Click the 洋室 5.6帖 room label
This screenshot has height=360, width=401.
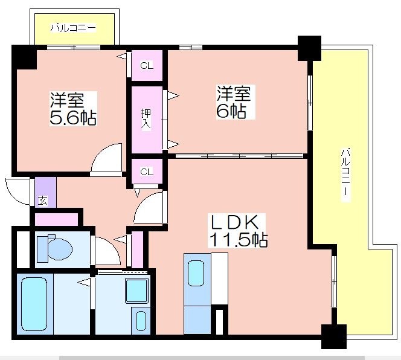73,109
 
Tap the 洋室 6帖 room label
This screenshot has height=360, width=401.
234,102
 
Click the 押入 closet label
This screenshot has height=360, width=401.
146,118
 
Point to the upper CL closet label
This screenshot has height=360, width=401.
147,66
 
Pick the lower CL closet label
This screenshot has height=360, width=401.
147,172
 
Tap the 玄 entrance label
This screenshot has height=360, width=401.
43,201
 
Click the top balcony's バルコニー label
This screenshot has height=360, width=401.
74,28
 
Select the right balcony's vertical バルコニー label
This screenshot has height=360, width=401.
345,175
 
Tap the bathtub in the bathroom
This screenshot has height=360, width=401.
34,304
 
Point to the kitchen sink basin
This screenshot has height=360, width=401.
196,273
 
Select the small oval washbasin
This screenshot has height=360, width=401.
141,321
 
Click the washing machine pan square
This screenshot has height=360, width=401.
137,291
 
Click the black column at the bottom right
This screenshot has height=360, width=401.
334,336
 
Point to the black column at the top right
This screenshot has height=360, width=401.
309,48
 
